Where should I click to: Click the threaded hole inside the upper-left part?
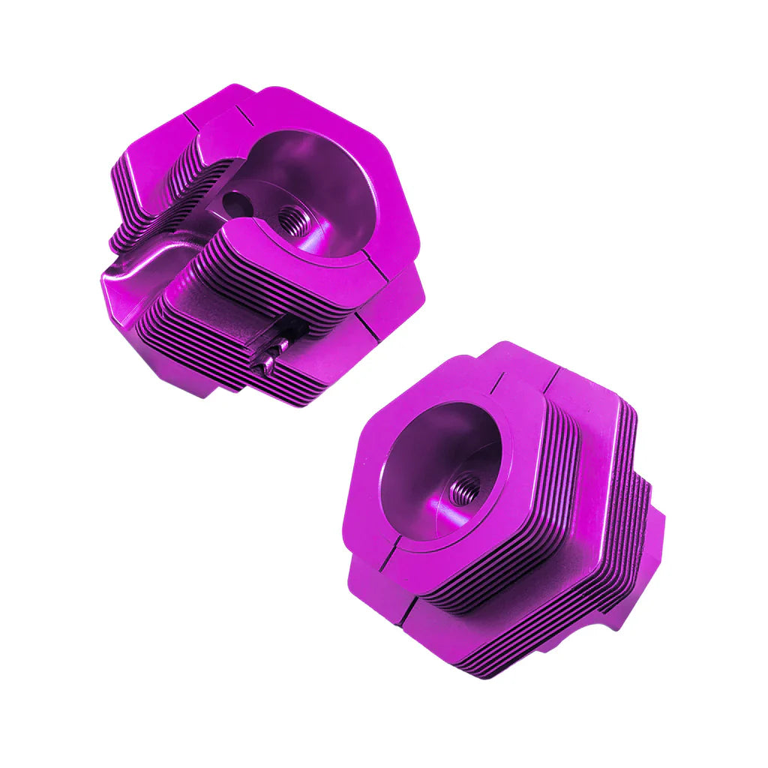point(294,220)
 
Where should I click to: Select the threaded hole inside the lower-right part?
point(464,489)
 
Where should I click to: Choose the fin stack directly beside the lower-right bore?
point(555,480)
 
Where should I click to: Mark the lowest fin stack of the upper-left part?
point(225,360)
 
